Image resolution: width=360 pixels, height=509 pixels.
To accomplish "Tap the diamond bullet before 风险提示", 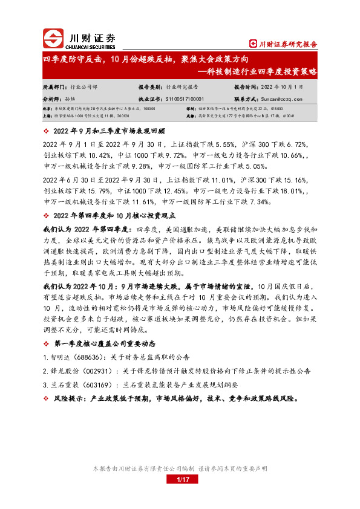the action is [47, 399].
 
